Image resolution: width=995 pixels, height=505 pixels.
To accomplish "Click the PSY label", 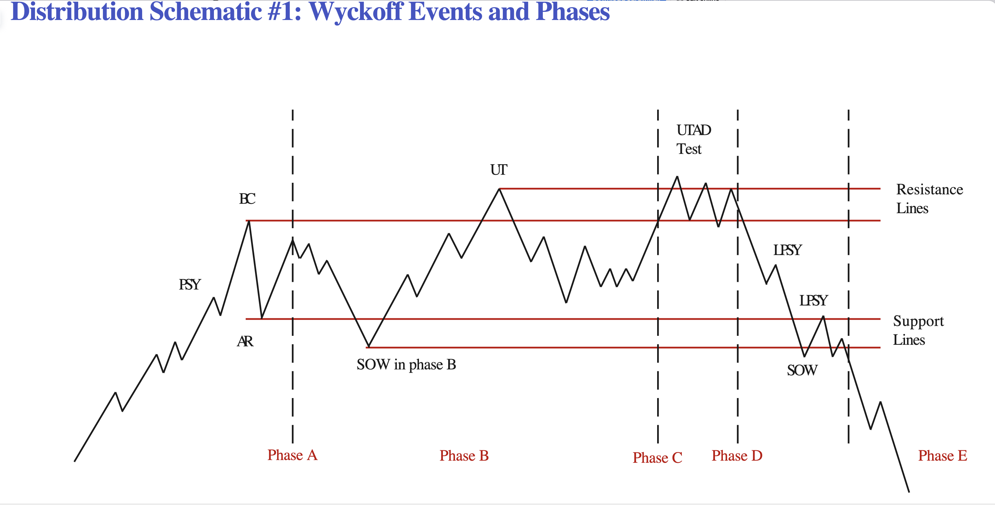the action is click(x=190, y=285).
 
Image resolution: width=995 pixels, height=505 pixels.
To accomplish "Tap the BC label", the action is click(x=247, y=199).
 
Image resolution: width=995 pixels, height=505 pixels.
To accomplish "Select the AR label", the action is click(x=245, y=341).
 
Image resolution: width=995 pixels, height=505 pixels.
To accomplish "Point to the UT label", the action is click(x=499, y=170).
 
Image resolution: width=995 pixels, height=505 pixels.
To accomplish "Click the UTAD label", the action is click(x=694, y=130).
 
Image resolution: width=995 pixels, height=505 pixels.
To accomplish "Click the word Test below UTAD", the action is click(x=689, y=149).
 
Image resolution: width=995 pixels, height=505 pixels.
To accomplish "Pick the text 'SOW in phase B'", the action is click(x=406, y=365).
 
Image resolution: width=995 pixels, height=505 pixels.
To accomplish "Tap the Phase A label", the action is click(x=292, y=455).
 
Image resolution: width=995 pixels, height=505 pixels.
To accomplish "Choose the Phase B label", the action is click(x=464, y=456).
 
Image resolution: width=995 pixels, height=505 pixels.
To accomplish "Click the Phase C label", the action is click(x=657, y=458).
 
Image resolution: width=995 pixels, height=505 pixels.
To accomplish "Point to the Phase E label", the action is click(x=942, y=456).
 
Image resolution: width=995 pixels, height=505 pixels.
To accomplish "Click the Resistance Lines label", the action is click(x=929, y=199).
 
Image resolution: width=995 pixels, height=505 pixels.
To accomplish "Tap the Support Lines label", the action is click(x=918, y=330).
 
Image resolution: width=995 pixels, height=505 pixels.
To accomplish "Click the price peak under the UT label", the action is click(x=499, y=189).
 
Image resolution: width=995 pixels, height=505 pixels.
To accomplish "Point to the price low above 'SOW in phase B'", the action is click(x=369, y=347).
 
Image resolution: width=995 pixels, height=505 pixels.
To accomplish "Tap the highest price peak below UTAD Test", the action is click(x=677, y=177).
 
